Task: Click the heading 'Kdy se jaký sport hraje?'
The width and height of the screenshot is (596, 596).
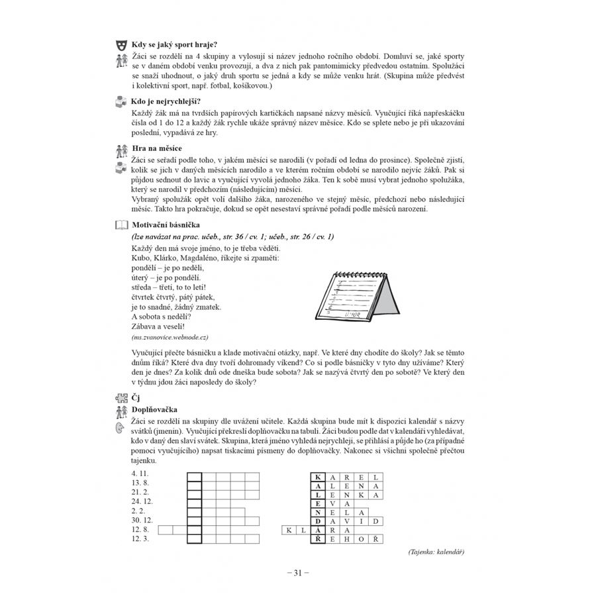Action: [x=170, y=45]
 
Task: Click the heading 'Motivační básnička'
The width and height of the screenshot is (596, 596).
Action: [x=166, y=225]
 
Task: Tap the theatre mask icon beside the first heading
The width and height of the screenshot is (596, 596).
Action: [x=120, y=45]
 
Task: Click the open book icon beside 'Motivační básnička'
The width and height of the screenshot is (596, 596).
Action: [x=120, y=225]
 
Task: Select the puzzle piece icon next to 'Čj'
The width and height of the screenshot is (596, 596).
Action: [x=120, y=398]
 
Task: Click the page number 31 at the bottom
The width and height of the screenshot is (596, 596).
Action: [x=298, y=573]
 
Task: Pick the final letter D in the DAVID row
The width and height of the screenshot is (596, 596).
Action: [x=375, y=521]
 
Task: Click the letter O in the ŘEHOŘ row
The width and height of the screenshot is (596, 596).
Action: [x=361, y=539]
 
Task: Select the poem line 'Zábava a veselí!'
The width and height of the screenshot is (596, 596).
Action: [x=158, y=326]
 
